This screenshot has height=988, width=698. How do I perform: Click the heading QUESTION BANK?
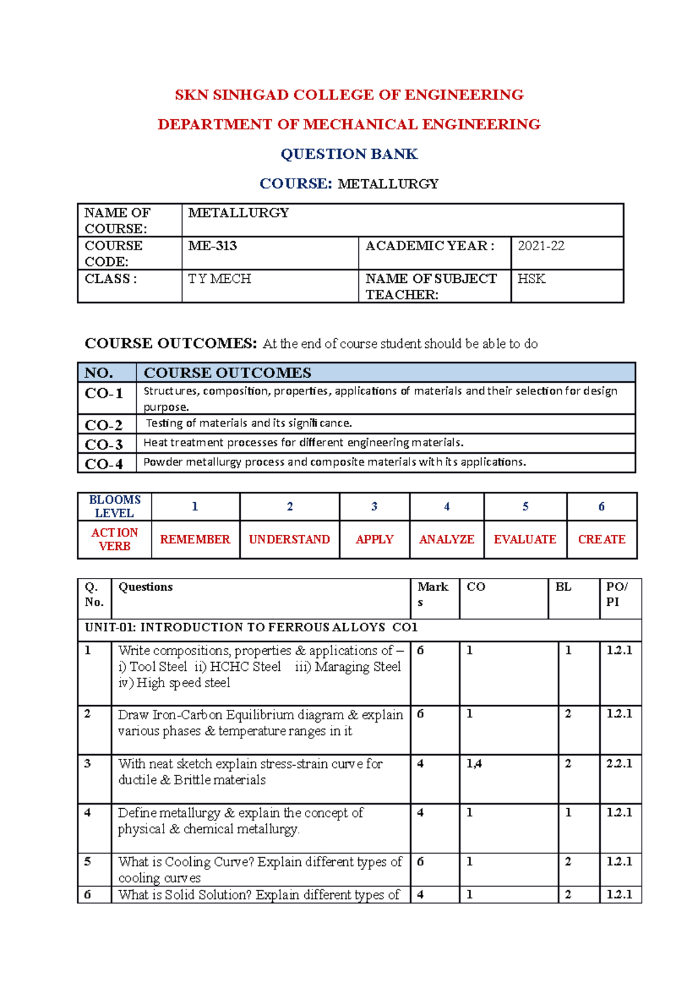point(349,154)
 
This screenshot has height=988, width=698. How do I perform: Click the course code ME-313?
point(212,246)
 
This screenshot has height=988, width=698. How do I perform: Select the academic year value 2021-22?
point(541,246)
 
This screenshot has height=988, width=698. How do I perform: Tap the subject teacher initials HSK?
point(531,279)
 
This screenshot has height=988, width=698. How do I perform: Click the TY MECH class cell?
point(220,279)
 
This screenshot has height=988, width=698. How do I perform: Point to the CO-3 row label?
point(104,445)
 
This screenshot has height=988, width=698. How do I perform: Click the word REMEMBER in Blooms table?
point(195,540)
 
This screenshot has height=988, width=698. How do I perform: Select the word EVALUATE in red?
point(525,540)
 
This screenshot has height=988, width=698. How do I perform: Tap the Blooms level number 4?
point(447,507)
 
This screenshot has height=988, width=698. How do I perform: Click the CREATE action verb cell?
point(601,540)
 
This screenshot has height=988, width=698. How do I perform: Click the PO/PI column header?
point(617,595)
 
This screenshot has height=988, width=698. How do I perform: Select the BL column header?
point(563,587)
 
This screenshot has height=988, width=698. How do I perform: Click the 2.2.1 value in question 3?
point(619,763)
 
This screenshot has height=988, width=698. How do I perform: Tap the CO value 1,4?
point(474,763)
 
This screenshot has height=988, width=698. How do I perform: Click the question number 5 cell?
point(88,862)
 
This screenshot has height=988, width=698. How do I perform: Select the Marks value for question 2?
point(421,714)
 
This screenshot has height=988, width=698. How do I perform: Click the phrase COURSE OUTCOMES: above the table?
point(170,344)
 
